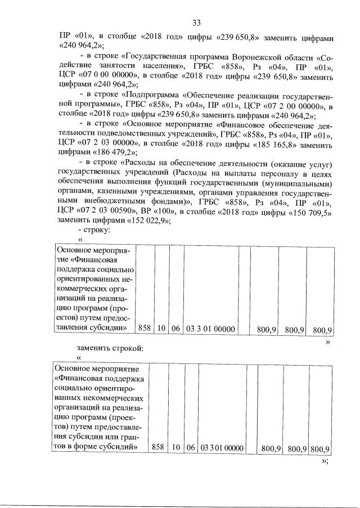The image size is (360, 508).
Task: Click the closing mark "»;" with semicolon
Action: coord(325,460)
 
